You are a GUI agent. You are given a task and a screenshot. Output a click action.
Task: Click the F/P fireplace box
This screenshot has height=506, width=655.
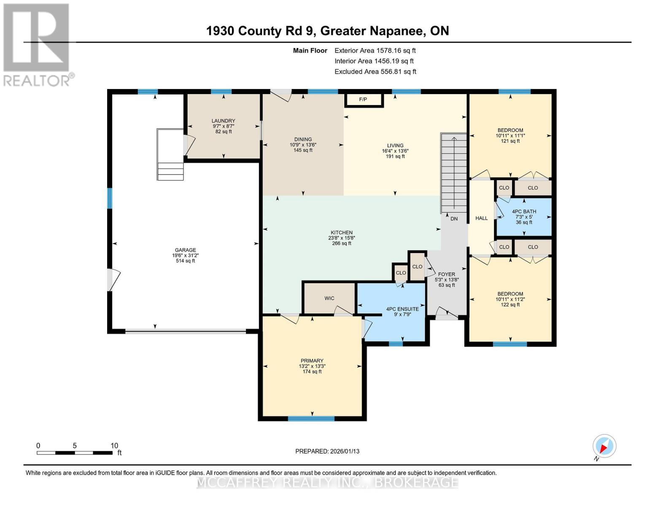[x=363, y=100]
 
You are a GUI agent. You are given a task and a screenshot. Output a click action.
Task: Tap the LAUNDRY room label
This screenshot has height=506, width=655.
[x=223, y=121]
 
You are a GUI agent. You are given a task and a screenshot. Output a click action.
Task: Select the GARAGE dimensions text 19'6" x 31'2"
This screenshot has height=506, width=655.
[x=185, y=256]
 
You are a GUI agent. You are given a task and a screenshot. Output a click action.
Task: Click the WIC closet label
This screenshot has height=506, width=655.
[x=329, y=299]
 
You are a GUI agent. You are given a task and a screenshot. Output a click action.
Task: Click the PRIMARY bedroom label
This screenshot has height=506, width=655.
[x=312, y=361]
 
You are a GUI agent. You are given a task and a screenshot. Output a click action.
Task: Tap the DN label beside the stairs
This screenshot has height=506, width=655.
[x=454, y=219]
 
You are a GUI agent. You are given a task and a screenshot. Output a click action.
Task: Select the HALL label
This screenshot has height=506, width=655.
[x=481, y=218]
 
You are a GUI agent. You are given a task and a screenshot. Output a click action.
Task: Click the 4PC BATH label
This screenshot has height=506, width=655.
[x=524, y=212]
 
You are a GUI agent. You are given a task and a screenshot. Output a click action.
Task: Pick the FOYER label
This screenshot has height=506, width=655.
[x=446, y=274]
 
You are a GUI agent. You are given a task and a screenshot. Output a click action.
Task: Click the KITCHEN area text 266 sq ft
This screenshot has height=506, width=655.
[x=342, y=243]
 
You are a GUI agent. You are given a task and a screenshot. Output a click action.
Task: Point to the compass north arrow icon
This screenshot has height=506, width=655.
[x=604, y=446]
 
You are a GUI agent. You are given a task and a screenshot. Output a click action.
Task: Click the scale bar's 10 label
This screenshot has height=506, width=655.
[x=114, y=446]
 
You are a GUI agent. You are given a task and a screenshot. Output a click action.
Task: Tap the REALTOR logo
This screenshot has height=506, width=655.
[x=37, y=44]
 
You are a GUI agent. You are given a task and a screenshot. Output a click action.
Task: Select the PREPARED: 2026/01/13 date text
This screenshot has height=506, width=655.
[x=327, y=451]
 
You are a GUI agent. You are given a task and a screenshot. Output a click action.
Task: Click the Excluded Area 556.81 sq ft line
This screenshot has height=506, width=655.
[x=375, y=72]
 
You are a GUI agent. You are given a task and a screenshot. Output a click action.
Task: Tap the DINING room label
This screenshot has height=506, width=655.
[x=303, y=139]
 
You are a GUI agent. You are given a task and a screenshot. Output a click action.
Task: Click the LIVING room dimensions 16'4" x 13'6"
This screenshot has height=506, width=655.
[x=395, y=151]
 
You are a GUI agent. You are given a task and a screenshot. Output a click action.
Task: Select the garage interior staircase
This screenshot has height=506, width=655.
[x=170, y=155]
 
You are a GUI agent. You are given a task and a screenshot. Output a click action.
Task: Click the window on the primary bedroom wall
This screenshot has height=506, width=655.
[x=311, y=419]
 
